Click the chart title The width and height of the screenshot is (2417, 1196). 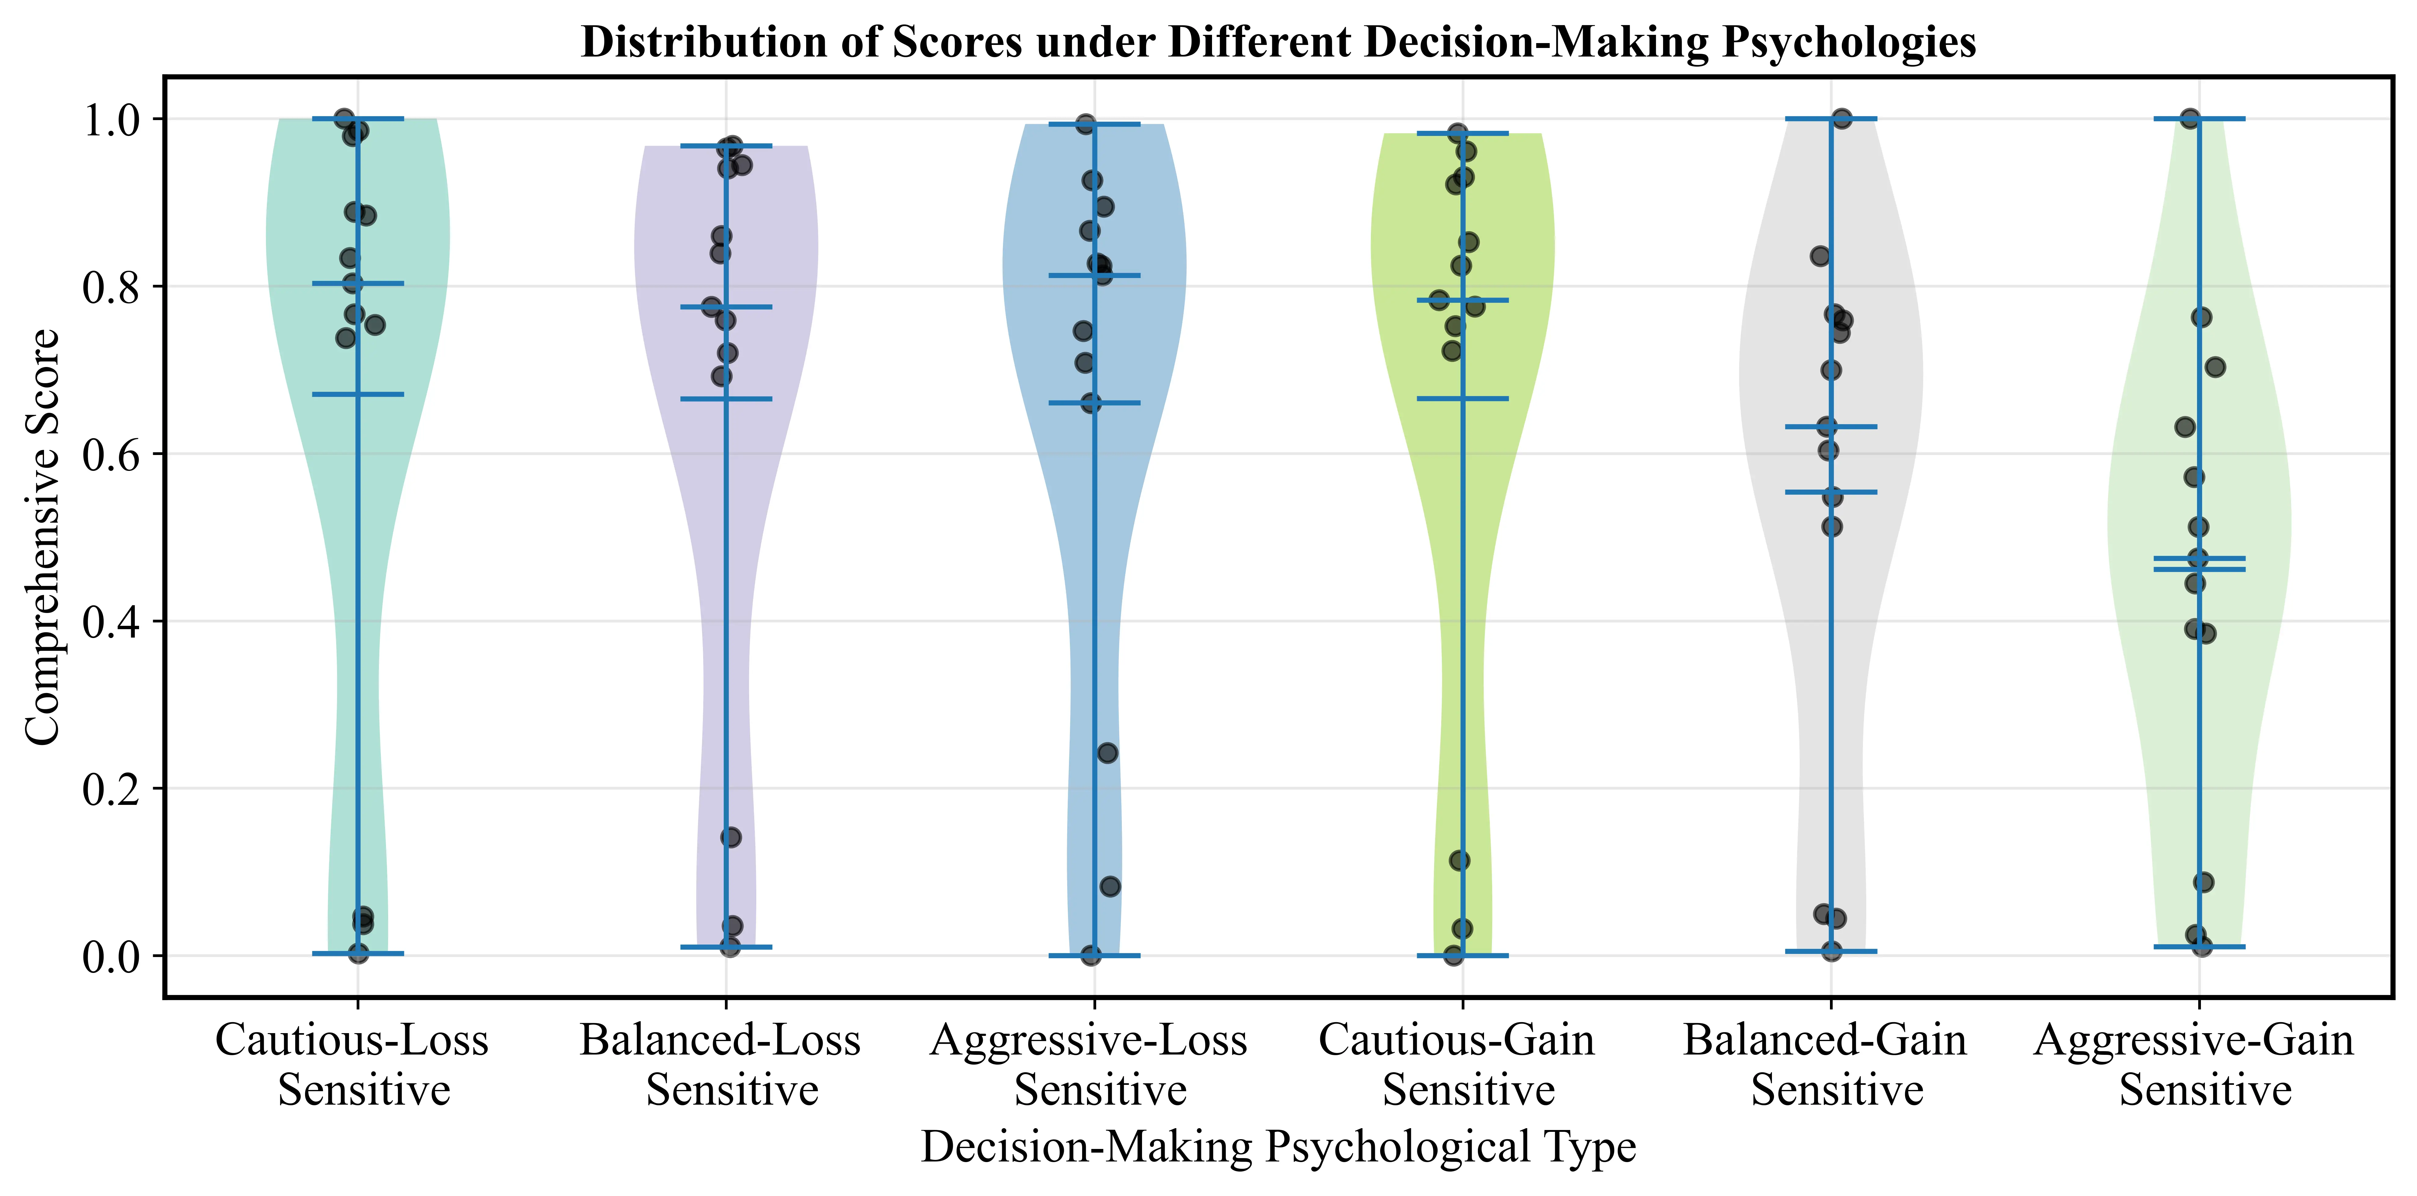1278,42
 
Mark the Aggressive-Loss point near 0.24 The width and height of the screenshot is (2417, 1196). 1107,752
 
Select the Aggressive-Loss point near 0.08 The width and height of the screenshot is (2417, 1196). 1110,886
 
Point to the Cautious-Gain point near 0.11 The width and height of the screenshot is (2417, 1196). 1459,860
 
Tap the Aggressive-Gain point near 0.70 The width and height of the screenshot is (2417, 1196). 2215,367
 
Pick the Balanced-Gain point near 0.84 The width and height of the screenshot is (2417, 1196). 1820,256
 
